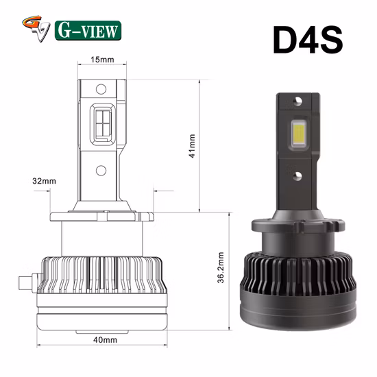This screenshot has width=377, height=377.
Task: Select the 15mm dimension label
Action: (x=102, y=60)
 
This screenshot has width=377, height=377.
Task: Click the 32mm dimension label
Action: (x=43, y=182)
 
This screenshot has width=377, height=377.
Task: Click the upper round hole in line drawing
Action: (x=101, y=88)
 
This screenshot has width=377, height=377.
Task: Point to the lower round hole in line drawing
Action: (x=101, y=170)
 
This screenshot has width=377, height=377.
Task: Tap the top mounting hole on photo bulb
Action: (x=300, y=101)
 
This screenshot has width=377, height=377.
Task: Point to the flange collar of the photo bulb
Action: (x=300, y=223)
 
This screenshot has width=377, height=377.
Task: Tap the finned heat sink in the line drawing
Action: (x=102, y=278)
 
